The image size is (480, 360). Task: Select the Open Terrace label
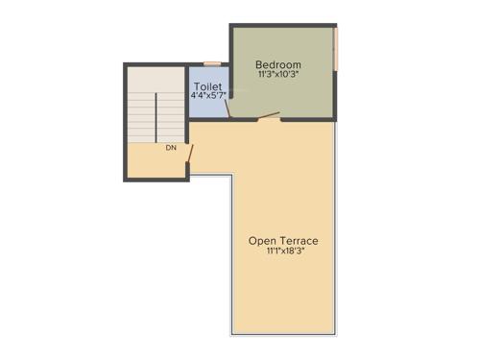click(283, 240)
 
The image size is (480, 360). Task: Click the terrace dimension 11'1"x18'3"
click(283, 252)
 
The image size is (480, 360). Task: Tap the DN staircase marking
click(171, 149)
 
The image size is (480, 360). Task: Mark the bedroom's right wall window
click(336, 49)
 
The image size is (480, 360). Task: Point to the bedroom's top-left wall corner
click(231, 27)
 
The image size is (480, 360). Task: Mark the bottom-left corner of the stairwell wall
click(126, 180)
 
